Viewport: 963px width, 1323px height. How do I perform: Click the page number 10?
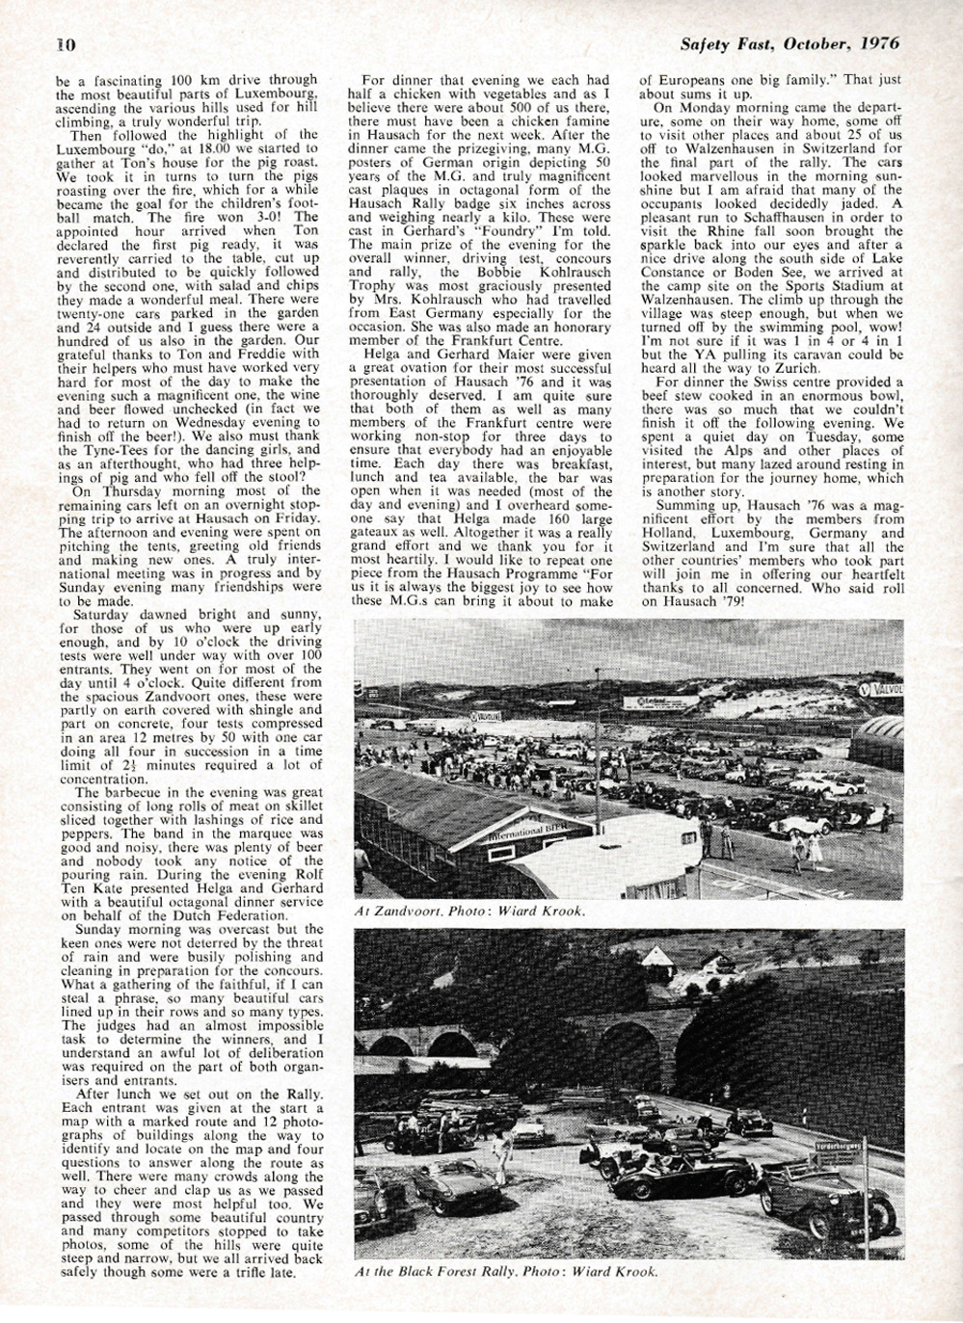[66, 43]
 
